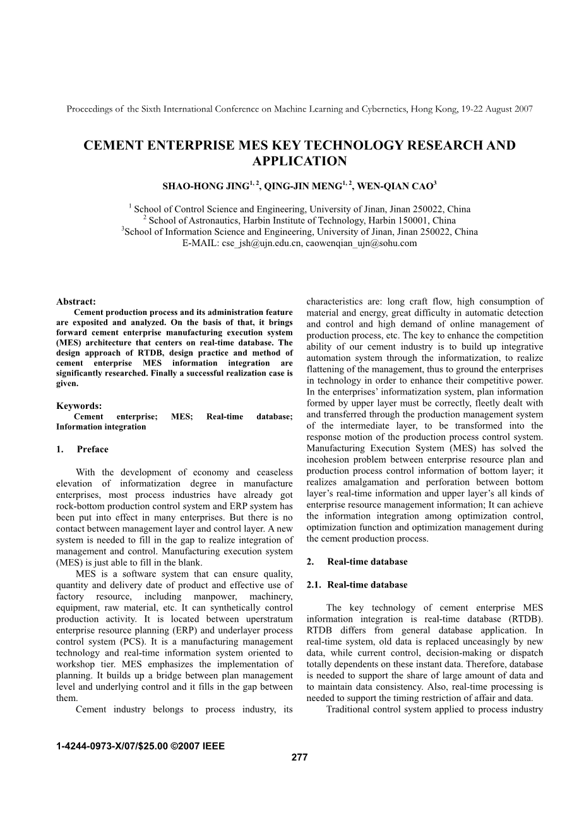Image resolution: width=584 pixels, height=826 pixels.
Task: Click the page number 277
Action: coord(299,757)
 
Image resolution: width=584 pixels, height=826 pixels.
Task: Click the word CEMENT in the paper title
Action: coord(113,146)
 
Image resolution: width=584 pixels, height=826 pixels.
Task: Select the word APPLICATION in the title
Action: coord(299,162)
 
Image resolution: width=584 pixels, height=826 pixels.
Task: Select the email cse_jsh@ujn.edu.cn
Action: coord(261,243)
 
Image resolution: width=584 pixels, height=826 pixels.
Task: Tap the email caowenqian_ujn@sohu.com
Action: coord(361,243)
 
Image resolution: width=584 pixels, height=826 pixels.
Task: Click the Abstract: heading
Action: coord(76,302)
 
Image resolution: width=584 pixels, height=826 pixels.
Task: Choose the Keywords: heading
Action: coord(79,406)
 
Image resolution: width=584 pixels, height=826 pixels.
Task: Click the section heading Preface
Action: coord(93,450)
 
